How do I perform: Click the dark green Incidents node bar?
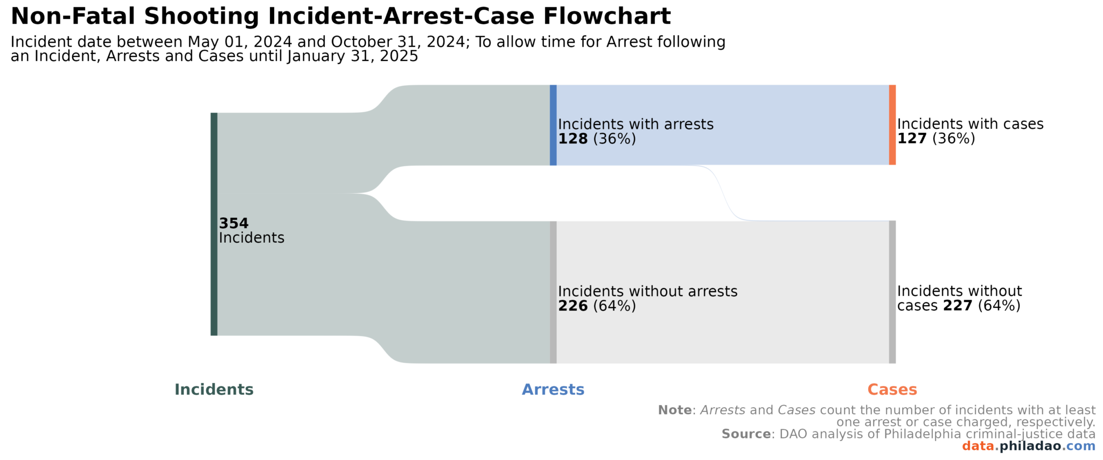[x=214, y=224]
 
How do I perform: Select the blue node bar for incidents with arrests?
[x=553, y=125]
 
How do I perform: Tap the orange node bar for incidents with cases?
[x=892, y=125]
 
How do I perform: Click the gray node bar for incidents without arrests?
[x=553, y=292]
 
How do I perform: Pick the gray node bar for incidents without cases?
[x=892, y=292]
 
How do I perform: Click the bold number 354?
[x=233, y=223]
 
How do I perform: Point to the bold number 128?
[x=573, y=139]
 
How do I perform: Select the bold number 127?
[x=912, y=139]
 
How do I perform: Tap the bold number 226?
[x=573, y=306]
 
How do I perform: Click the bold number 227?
[x=958, y=306]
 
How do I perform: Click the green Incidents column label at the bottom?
[x=214, y=389]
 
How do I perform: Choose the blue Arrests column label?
[x=553, y=389]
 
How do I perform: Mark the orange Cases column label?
[x=892, y=389]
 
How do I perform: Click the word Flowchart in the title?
[x=607, y=16]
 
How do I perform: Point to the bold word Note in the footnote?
[x=674, y=410]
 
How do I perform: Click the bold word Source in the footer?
[x=746, y=434]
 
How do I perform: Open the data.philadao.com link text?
[x=1028, y=447]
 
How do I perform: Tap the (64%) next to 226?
[x=615, y=306]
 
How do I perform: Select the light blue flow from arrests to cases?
[x=722, y=125]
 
